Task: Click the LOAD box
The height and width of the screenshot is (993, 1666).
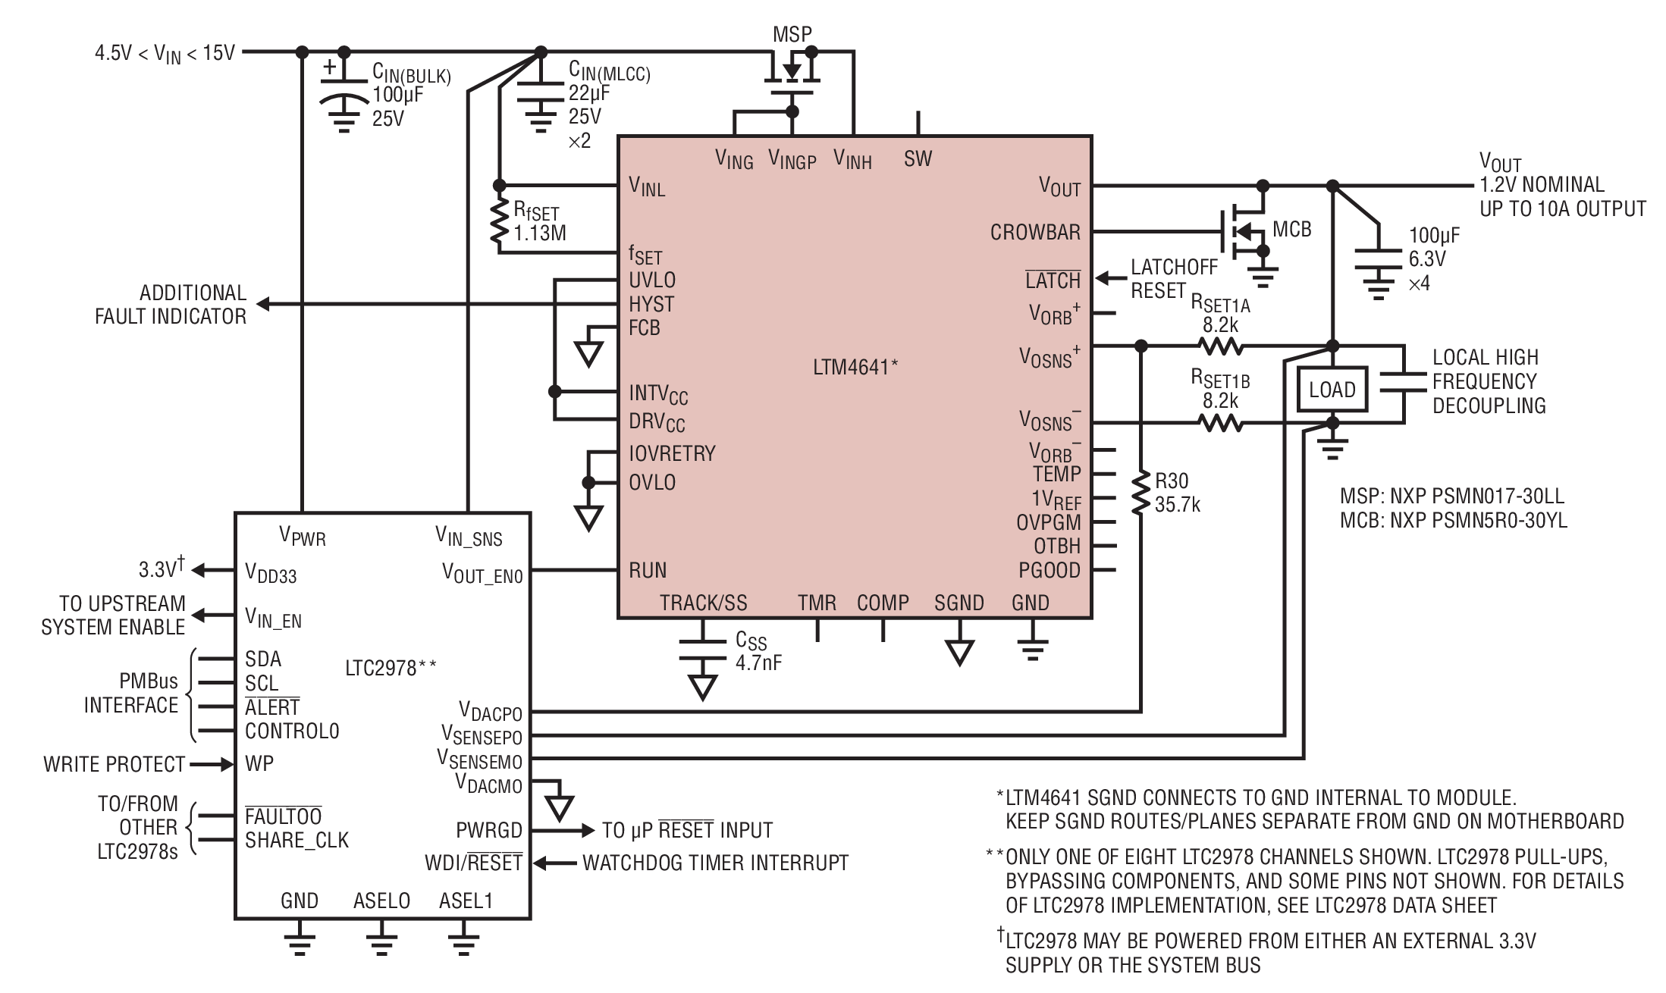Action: pyautogui.click(x=1332, y=390)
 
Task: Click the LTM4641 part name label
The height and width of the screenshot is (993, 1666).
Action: pyautogui.click(x=855, y=367)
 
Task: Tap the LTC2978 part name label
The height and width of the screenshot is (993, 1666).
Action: pyautogui.click(x=391, y=668)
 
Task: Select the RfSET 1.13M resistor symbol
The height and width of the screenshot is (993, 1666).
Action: pyautogui.click(x=499, y=221)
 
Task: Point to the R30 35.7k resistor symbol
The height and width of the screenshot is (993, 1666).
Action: pyautogui.click(x=1140, y=493)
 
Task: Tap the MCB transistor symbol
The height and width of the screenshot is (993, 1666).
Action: pyautogui.click(x=1244, y=232)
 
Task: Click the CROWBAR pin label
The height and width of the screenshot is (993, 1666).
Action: pyautogui.click(x=1035, y=232)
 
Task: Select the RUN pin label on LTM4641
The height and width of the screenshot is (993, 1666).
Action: pyautogui.click(x=648, y=570)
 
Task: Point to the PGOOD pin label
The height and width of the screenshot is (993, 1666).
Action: pyautogui.click(x=1049, y=570)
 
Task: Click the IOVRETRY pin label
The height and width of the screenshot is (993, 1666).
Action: pyautogui.click(x=672, y=453)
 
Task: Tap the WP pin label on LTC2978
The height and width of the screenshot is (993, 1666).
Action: pyautogui.click(x=259, y=763)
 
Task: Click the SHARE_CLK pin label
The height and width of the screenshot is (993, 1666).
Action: pyautogui.click(x=296, y=840)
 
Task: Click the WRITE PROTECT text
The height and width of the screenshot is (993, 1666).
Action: pyautogui.click(x=115, y=764)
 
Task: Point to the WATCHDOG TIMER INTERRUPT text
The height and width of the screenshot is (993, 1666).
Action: pyautogui.click(x=715, y=863)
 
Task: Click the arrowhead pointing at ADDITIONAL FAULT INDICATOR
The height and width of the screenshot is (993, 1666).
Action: pyautogui.click(x=262, y=305)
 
